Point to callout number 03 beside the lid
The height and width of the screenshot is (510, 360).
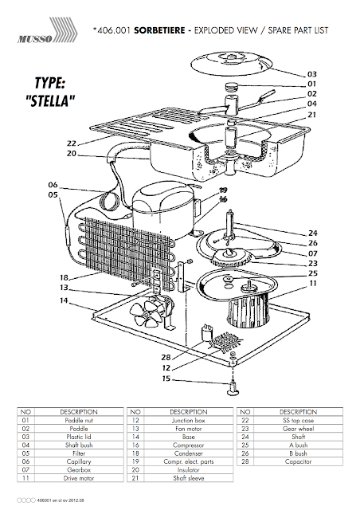click(x=312, y=73)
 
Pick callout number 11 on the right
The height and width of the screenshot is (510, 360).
click(x=313, y=282)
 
